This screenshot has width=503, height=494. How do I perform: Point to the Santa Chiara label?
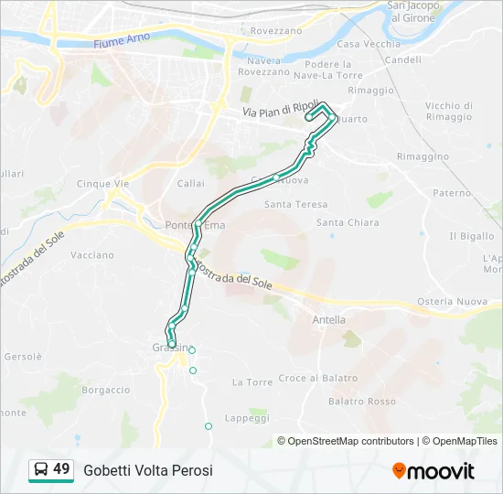click(x=348, y=222)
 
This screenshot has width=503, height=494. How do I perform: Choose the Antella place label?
click(x=329, y=320)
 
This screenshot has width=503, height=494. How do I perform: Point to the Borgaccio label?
click(x=106, y=389)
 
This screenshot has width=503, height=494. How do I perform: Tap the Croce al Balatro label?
click(x=317, y=379)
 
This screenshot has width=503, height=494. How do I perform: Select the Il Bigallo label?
click(x=472, y=236)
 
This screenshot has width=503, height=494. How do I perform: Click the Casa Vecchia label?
click(x=369, y=44)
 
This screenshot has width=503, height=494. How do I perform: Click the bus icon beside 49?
click(x=41, y=470)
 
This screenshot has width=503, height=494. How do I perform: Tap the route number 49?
click(x=61, y=469)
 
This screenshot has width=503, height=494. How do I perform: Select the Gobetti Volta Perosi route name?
click(x=148, y=470)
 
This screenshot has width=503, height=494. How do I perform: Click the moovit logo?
click(x=433, y=470)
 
